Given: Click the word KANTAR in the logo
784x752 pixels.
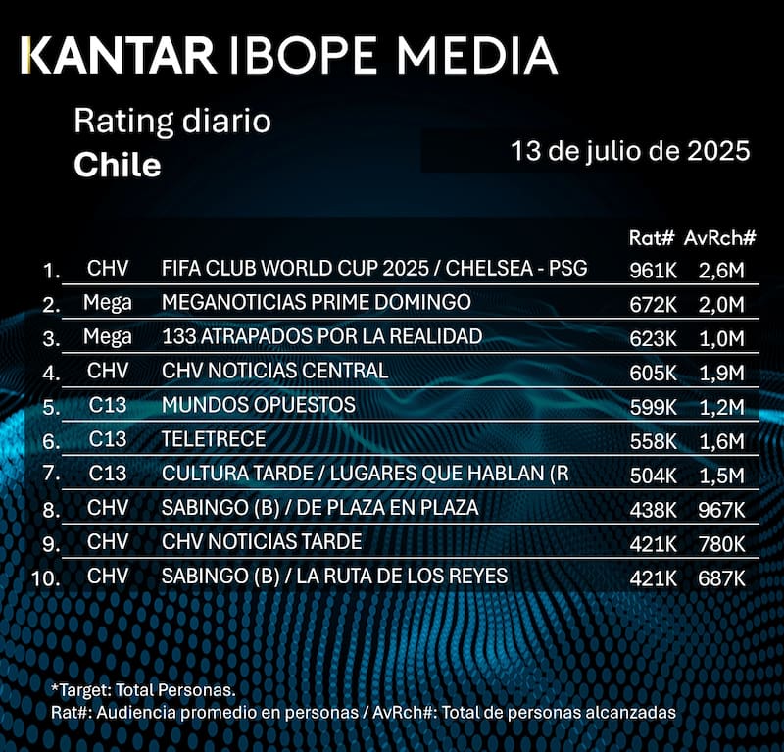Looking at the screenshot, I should pos(120,56).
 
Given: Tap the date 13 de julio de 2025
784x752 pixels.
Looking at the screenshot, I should pos(630,152).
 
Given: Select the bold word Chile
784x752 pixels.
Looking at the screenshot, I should pos(118,164).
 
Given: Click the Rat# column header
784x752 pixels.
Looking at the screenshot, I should pos(648,239).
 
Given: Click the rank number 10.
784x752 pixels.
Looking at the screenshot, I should pos(47,577).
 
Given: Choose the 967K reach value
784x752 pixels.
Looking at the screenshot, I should pos(720,510).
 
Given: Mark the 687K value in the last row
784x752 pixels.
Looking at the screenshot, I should pos(720,577).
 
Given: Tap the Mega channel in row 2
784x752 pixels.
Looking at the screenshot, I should pos(108,302).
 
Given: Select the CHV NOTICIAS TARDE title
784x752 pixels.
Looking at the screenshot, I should pos(262,542).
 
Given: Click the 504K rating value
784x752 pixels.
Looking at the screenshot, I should pos(653,475).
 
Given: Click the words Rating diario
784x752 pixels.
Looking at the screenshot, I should pos(171,123).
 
